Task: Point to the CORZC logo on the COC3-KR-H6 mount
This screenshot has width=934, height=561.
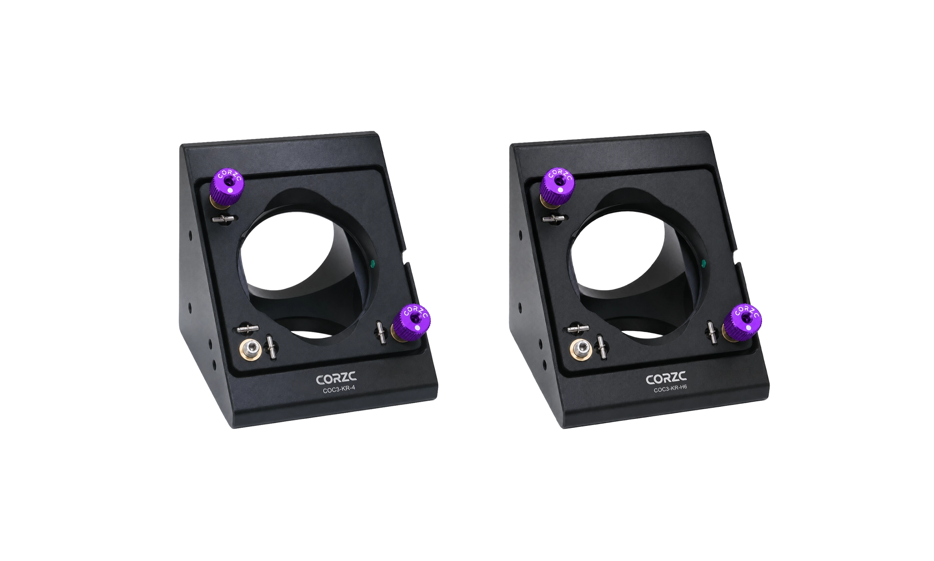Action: pyautogui.click(x=666, y=379)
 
